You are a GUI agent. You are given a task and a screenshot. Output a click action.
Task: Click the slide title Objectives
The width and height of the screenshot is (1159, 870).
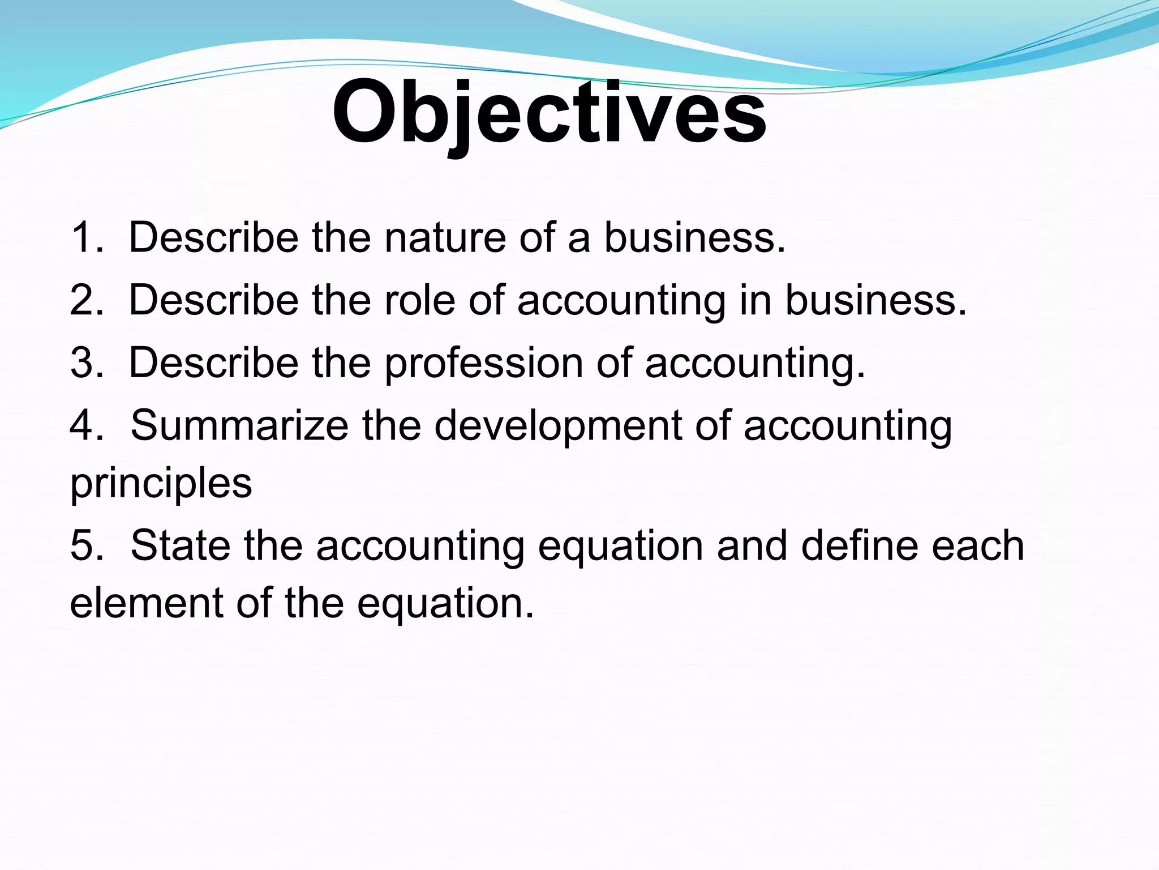click(549, 113)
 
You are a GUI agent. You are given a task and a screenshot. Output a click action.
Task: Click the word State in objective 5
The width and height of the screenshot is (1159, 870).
click(181, 545)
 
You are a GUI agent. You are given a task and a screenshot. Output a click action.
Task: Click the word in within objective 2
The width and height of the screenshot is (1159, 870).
click(755, 300)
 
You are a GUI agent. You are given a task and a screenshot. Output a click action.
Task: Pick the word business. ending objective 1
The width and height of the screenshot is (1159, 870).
click(695, 237)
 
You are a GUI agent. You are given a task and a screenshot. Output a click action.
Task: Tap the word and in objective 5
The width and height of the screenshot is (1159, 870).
click(752, 545)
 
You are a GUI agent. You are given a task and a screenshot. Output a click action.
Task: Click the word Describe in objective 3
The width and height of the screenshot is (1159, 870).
click(214, 362)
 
